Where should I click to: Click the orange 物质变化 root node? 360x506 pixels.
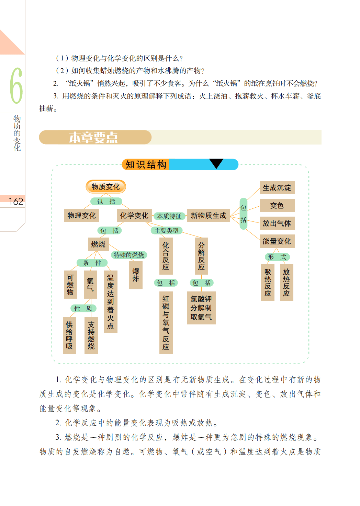(106, 187)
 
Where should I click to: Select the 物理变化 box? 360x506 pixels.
(81, 215)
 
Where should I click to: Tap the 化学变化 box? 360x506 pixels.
(134, 215)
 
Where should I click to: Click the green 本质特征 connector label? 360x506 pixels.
(169, 216)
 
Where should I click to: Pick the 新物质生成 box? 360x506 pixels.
(209, 215)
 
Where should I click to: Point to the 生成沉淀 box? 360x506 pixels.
(277, 187)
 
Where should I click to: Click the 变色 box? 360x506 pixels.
(277, 205)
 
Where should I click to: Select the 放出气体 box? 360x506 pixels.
(277, 223)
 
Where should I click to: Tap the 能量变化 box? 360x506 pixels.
(277, 241)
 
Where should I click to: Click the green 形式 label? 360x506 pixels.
(277, 257)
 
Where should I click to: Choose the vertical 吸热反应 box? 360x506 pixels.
(268, 283)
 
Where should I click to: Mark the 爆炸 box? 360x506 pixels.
(136, 275)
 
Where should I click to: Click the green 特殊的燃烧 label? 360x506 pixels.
(129, 255)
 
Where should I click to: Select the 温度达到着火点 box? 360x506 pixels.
(111, 301)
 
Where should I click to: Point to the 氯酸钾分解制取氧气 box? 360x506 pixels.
(201, 308)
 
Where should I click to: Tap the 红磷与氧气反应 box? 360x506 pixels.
(166, 323)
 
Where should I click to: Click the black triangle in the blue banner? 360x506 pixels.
(216, 163)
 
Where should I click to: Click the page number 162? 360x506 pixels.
(16, 201)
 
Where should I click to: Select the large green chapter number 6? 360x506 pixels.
(16, 85)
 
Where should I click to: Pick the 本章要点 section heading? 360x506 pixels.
(93, 137)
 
